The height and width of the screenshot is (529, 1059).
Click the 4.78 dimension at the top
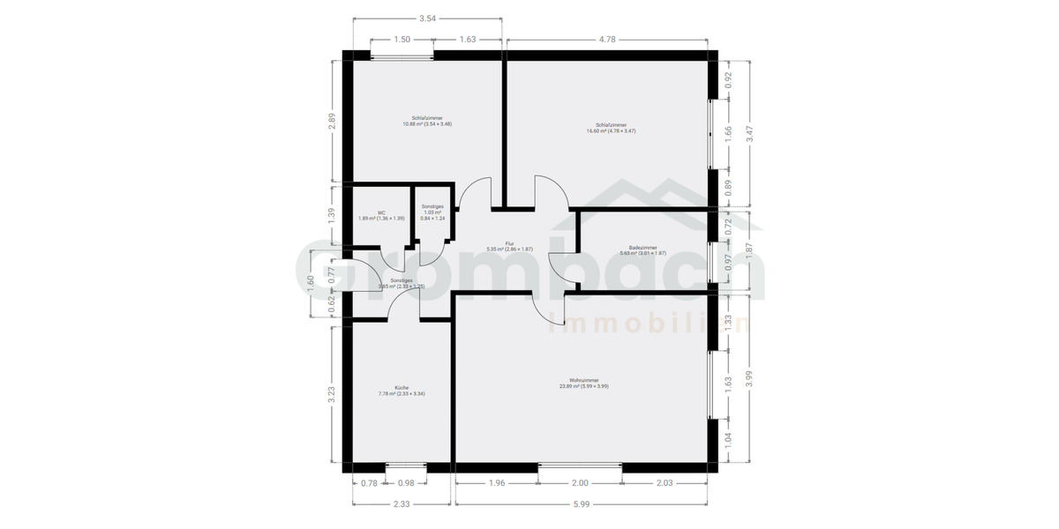pos(607,40)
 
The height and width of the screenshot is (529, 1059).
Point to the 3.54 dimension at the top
pos(427,18)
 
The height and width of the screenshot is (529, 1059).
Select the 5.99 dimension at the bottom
pos(580,504)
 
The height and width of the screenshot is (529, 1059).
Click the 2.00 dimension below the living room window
pos(580,483)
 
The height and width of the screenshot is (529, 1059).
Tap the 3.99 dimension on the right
pos(749,376)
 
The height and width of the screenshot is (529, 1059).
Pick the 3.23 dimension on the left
pos(332,394)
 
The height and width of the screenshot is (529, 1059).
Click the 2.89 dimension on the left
pos(332,121)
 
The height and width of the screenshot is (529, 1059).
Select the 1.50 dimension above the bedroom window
pos(402,40)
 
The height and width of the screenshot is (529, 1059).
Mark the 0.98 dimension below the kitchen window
pos(406,483)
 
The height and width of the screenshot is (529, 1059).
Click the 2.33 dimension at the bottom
pos(402,504)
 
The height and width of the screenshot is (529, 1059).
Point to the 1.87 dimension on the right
pos(749,250)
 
